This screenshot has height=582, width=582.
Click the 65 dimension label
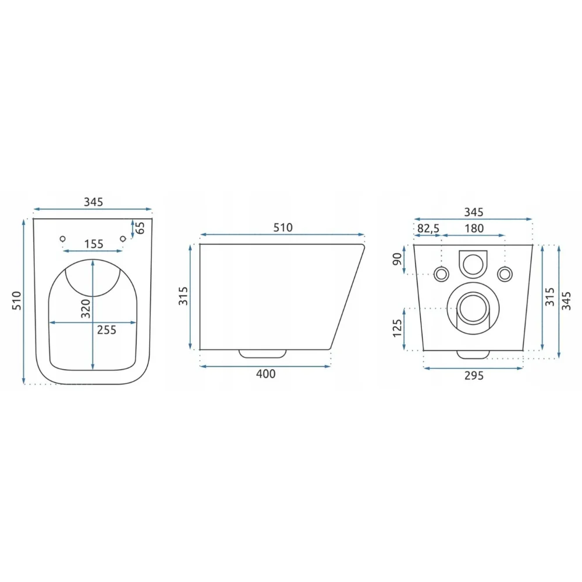pos(140,228)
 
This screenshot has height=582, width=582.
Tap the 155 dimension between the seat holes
pos(94,244)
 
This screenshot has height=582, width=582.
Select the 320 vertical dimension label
pos(86,308)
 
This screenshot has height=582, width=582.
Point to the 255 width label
pos(107,329)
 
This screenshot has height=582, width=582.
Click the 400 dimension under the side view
pos(266,374)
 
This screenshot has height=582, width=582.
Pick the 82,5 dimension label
pos(428,228)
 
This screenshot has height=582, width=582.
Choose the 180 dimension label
pos(474,228)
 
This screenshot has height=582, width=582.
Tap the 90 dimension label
pos(397,259)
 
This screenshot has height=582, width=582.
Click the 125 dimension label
pos(397,328)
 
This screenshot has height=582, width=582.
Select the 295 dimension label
pos(474,375)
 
